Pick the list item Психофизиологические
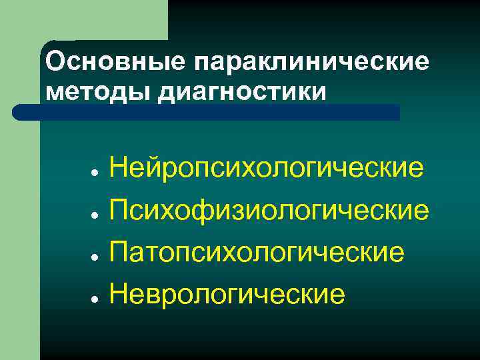269,210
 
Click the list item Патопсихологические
257,252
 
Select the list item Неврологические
227,293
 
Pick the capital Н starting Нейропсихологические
121,167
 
